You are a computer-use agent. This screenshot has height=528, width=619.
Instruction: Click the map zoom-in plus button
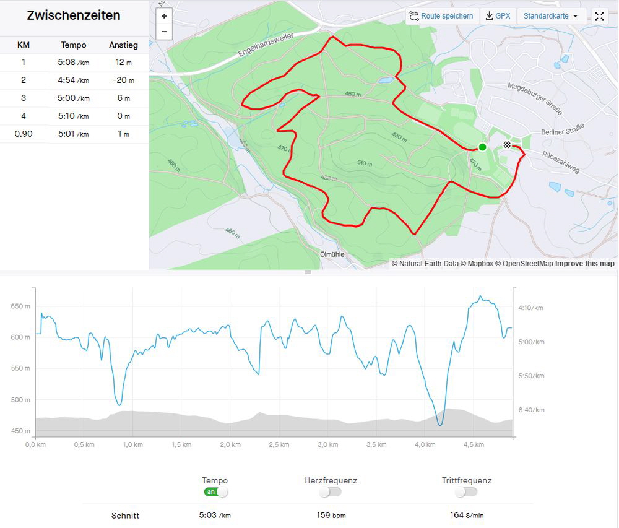coord(164,17)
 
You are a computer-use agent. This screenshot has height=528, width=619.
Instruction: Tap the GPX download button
coord(498,16)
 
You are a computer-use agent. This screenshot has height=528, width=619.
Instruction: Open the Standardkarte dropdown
coord(551,16)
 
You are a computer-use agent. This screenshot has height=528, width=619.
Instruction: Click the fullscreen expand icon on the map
coord(599,17)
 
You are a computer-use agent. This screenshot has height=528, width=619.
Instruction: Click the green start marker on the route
coord(482,147)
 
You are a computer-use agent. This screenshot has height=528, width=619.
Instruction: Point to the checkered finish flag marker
coord(507,145)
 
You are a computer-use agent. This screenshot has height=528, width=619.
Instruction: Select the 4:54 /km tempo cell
coord(74,80)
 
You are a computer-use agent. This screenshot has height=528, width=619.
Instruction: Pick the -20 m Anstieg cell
coord(123,80)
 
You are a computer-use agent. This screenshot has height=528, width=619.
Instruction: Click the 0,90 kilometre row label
coord(24,134)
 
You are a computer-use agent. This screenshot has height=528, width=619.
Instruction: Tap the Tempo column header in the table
coord(74,45)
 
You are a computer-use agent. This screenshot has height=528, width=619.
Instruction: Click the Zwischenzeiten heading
coord(74,16)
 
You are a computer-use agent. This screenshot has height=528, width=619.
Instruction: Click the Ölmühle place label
coord(332,254)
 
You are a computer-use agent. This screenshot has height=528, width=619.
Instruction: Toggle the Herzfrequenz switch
coord(331,492)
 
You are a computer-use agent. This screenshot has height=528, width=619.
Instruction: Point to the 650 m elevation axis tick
coord(20,306)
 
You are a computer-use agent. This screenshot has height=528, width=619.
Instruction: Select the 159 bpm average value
coord(331,515)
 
